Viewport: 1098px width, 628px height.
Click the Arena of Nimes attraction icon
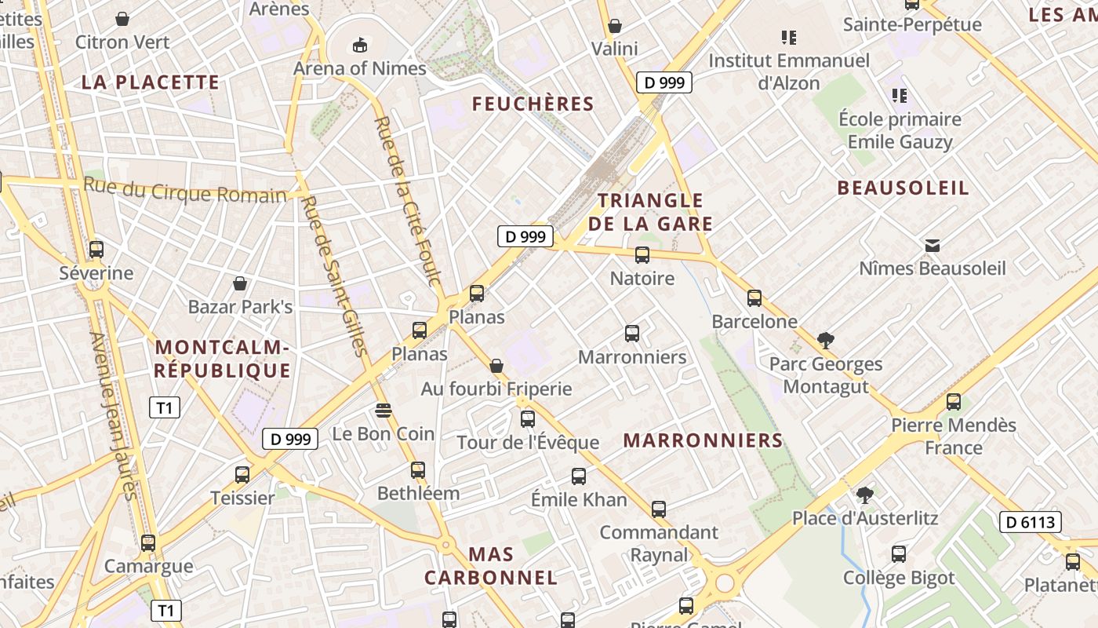coord(360,45)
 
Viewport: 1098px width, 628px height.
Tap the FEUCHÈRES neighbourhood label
coord(533,104)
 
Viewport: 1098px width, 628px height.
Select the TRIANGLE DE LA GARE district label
coord(650,212)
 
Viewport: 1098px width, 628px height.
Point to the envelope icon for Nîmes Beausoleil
coord(933,246)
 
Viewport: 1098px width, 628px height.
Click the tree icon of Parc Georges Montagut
coord(825,341)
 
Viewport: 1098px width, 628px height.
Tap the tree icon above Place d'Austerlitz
coord(864,495)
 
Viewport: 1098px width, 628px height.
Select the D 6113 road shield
coord(1030,522)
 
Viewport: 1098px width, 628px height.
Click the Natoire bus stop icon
coord(642,255)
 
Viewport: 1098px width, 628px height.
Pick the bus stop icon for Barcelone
coord(754,298)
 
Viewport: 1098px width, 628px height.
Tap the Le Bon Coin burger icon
coord(383,410)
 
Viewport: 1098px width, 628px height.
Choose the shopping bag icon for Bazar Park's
coord(240,283)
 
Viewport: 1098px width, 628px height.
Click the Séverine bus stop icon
coord(96,250)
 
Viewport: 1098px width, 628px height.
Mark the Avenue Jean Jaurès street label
coord(115,416)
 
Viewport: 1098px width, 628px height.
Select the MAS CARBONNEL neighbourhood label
coord(491,566)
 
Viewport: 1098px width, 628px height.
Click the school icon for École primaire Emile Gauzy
coord(900,96)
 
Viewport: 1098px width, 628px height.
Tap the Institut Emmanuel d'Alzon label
coord(789,71)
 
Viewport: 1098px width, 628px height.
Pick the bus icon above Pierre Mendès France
coord(954,402)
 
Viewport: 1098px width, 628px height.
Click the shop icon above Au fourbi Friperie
coord(496,366)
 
